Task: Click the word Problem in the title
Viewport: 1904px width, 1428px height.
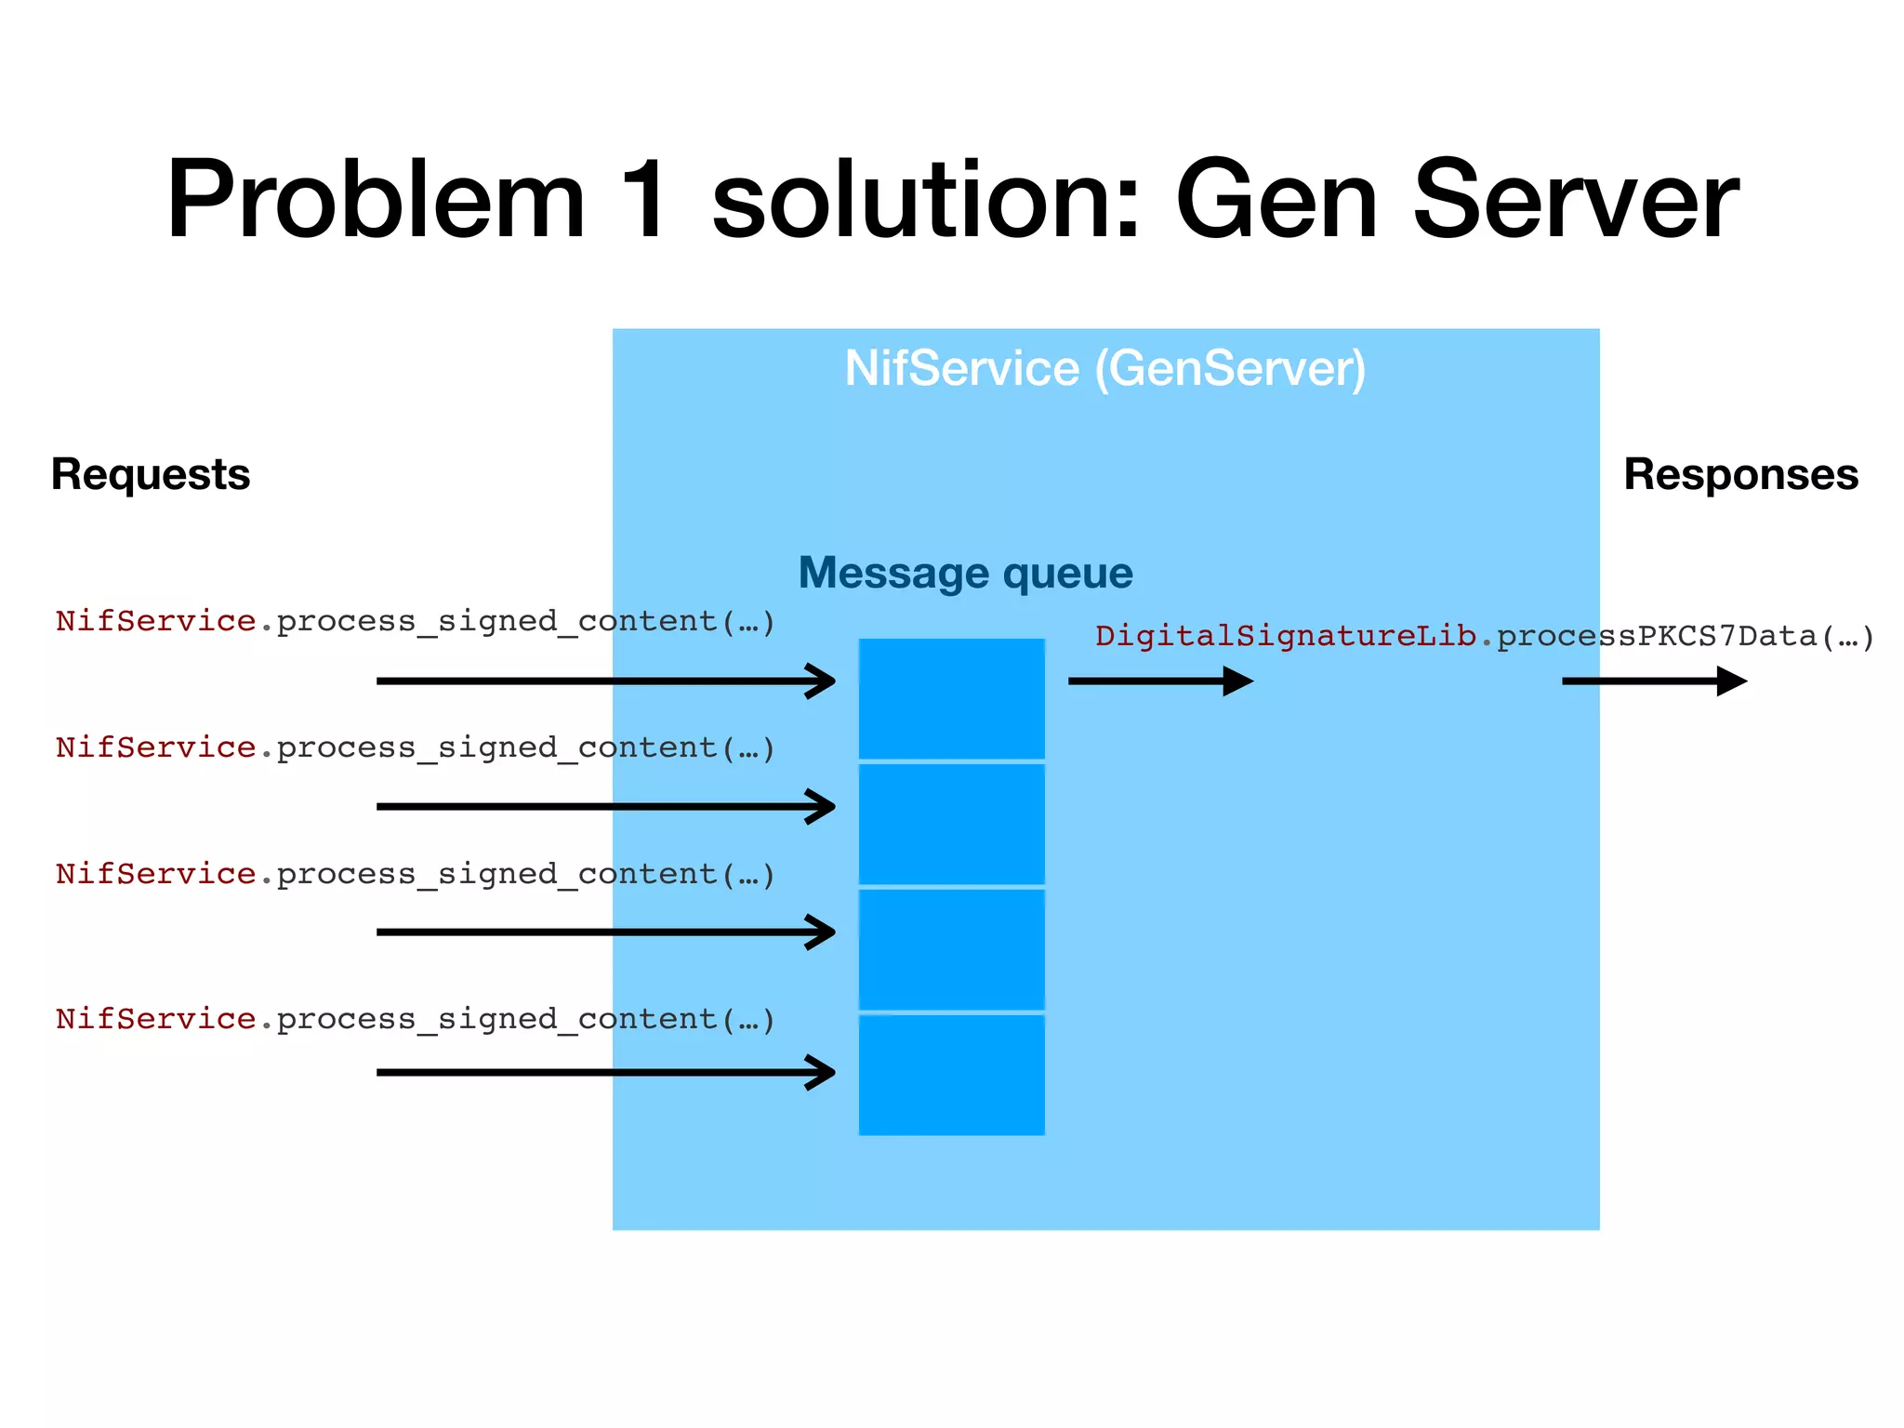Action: click(376, 200)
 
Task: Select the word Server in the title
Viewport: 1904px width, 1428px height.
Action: click(1575, 200)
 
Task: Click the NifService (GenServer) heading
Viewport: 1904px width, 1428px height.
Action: click(1105, 368)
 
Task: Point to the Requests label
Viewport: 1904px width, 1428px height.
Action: click(151, 474)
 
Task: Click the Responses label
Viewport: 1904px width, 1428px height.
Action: click(1740, 474)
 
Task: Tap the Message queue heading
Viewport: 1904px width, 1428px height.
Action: click(965, 573)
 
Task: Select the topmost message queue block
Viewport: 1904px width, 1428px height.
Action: click(951, 698)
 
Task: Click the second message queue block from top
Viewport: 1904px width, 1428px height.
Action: click(951, 824)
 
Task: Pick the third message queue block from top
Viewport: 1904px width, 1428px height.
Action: click(951, 949)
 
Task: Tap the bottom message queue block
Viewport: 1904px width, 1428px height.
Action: click(951, 1075)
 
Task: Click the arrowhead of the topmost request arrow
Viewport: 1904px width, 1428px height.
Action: click(822, 681)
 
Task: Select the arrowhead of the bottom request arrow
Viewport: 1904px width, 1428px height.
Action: click(822, 1072)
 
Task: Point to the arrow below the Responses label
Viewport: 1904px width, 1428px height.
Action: click(1654, 681)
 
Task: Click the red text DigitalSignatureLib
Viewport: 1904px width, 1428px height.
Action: click(1285, 636)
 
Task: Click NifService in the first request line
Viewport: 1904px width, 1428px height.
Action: click(155, 620)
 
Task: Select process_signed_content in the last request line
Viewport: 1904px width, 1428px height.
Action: click(497, 1019)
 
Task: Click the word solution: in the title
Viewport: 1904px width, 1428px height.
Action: click(925, 200)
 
